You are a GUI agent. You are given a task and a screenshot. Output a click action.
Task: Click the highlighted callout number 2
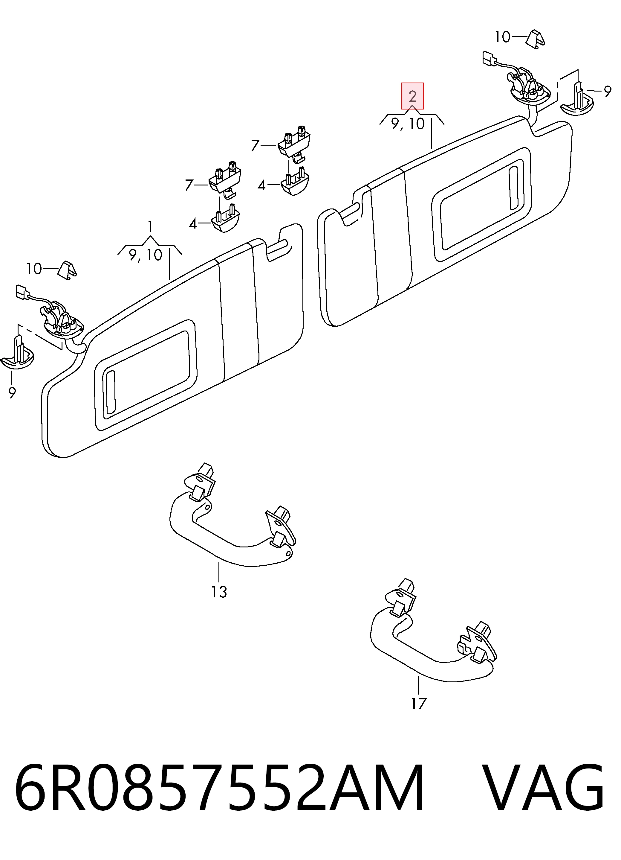(413, 96)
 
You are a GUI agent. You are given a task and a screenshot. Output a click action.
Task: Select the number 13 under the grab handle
(219, 592)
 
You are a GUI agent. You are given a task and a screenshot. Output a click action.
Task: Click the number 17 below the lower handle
(419, 704)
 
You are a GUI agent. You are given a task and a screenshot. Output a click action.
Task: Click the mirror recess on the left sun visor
(146, 375)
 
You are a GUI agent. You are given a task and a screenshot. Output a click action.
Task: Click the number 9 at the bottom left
(12, 393)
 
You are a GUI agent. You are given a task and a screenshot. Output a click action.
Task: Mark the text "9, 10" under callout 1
(146, 255)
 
